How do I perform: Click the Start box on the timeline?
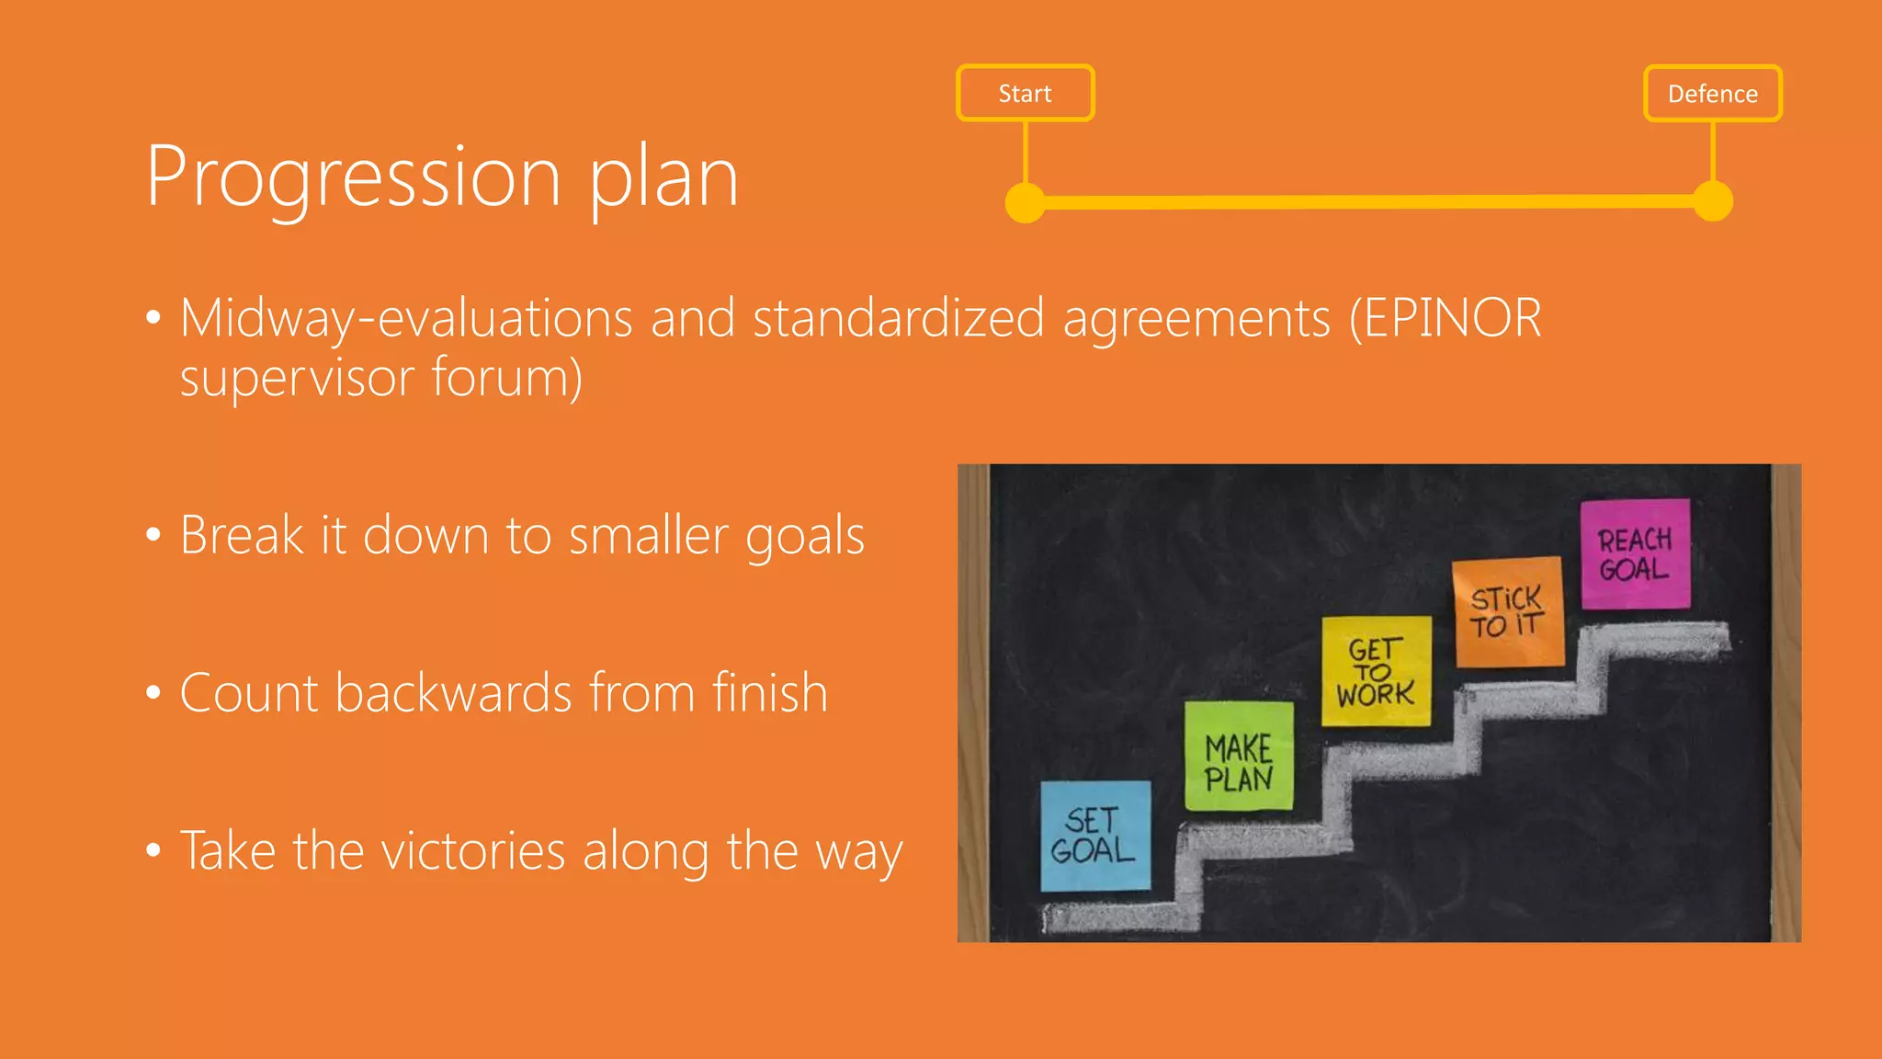coord(1025,93)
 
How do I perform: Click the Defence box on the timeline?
coord(1712,93)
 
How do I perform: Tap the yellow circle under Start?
coord(1025,202)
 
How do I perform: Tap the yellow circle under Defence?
coord(1713,201)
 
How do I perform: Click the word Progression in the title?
coord(353,176)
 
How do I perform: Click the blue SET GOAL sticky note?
coord(1094,836)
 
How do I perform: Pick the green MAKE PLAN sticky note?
coord(1239,757)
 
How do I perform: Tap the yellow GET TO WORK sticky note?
coord(1376,671)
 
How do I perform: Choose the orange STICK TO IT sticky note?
coord(1508,611)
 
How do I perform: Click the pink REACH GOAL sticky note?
coord(1635,553)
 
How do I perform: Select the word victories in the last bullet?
coord(473,850)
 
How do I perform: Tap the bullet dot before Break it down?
coord(153,535)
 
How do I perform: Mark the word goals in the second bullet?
coord(805,536)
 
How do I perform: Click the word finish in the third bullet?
coord(770,692)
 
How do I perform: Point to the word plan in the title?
coord(663,176)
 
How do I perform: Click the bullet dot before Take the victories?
coord(153,850)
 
